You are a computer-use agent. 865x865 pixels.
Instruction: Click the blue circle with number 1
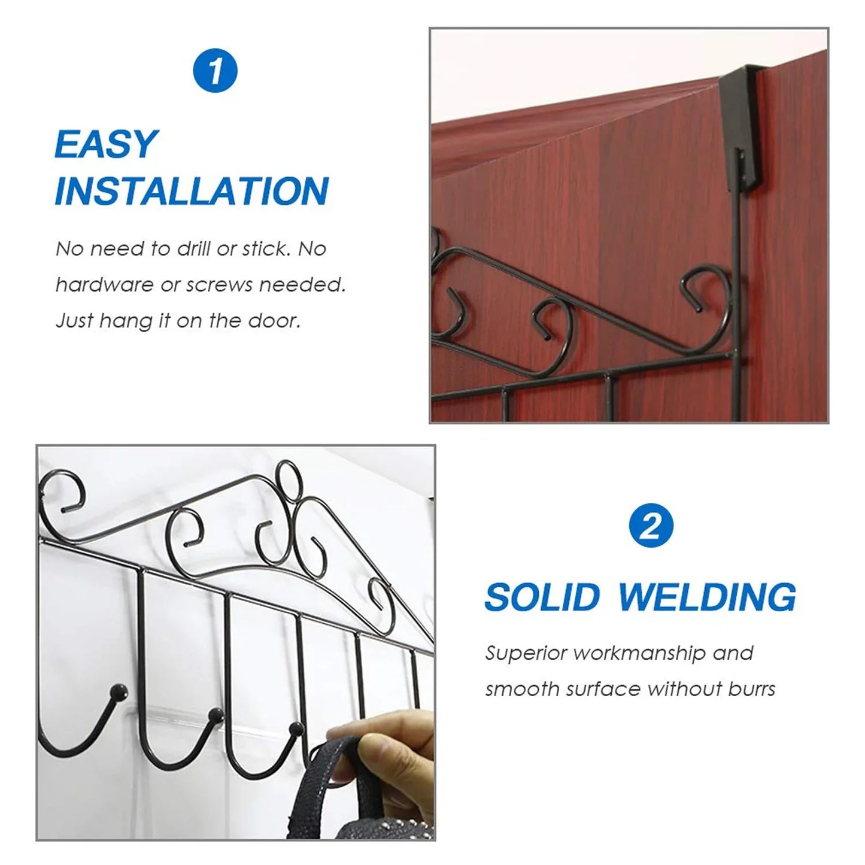(216, 71)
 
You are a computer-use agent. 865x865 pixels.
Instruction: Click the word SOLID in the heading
(542, 597)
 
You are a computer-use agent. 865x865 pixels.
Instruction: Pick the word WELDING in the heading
(707, 597)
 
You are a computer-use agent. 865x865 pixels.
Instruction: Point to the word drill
(195, 248)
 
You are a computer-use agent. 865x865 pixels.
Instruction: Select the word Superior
(526, 652)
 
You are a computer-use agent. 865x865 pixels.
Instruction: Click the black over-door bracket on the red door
(742, 126)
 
